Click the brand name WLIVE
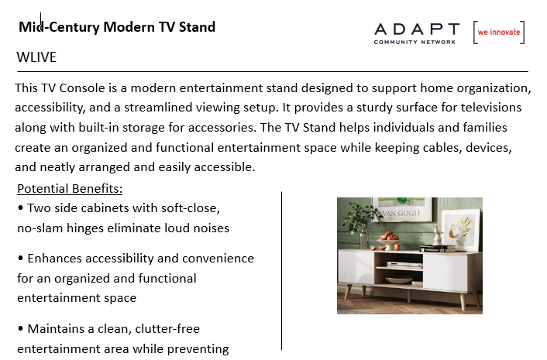tap(36, 57)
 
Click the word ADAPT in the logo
tap(417, 29)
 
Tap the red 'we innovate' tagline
tap(499, 32)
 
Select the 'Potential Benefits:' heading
tap(70, 189)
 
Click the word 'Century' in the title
tap(74, 28)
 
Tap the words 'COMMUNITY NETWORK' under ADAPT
tap(415, 42)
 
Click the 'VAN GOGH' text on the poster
tap(401, 213)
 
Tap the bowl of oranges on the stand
tap(387, 242)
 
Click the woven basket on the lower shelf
tap(398, 279)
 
